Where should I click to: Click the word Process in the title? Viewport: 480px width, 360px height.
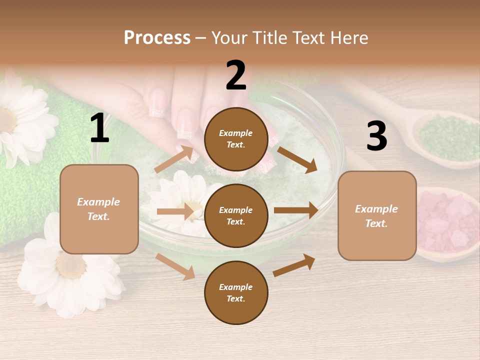(x=157, y=38)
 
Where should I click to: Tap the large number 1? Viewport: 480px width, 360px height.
(x=99, y=128)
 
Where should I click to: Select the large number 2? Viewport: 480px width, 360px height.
(x=236, y=76)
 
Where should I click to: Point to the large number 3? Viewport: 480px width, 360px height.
(x=376, y=136)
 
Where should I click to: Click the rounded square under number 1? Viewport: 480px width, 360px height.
(x=99, y=209)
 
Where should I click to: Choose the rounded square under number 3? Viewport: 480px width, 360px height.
(x=377, y=215)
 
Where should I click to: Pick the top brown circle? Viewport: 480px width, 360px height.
(x=236, y=139)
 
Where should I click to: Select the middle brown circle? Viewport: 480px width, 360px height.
(x=236, y=215)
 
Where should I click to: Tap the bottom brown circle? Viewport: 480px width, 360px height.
(x=236, y=292)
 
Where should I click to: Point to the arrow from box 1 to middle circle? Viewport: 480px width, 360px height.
(x=175, y=211)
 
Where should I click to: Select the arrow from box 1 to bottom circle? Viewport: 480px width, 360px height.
(x=175, y=266)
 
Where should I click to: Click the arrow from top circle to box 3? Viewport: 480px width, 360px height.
(x=297, y=159)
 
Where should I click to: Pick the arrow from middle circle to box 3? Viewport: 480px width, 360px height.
(x=295, y=210)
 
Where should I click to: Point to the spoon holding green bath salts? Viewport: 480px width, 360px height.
(x=440, y=135)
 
